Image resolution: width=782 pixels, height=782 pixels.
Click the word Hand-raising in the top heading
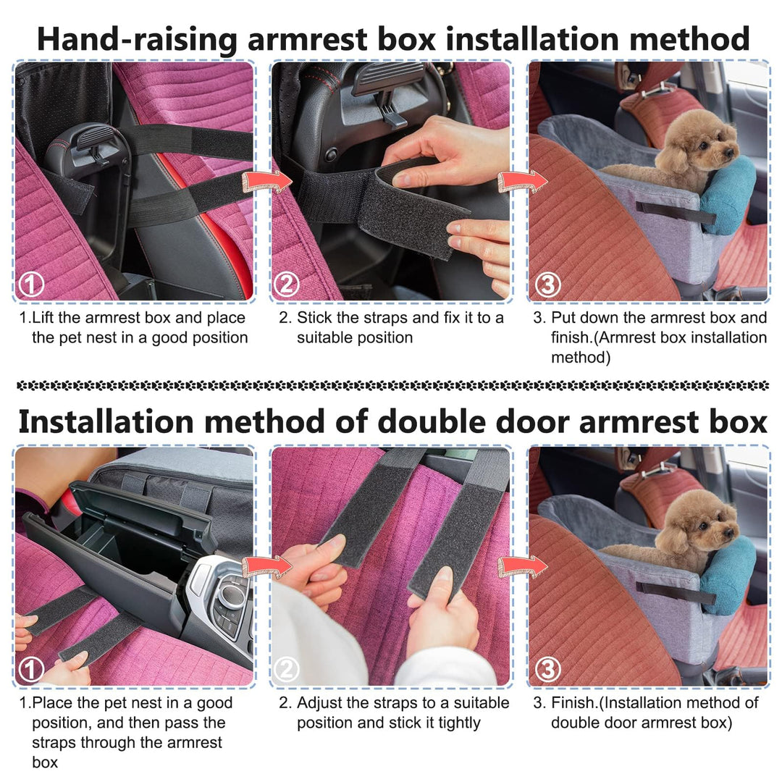pos(137,38)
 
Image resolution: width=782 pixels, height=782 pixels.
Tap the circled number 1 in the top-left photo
pos(30,285)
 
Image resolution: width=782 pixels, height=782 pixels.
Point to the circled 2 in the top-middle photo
pos(287,285)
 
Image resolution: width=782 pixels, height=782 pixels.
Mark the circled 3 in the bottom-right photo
pos(547,670)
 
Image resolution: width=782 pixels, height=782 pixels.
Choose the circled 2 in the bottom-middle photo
pos(287,670)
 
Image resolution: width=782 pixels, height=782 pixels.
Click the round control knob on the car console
pos(231,596)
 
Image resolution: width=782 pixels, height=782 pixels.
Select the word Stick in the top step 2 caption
pos(315,318)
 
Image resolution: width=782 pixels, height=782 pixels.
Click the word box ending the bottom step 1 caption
pos(44,762)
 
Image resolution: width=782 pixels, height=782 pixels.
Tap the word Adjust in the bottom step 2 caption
pos(320,702)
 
